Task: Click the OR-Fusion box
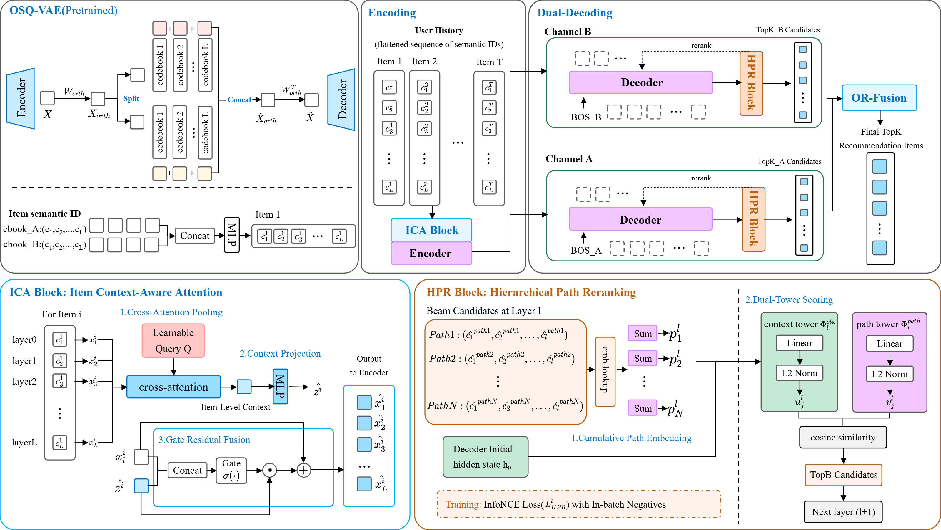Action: [879, 98]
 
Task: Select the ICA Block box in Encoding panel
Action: [431, 230]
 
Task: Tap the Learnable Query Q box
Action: [173, 341]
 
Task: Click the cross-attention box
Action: [173, 387]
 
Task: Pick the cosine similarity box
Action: [843, 438]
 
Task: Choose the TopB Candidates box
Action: [843, 475]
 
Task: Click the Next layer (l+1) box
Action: [843, 512]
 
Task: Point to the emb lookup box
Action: [605, 372]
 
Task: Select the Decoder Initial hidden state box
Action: [485, 456]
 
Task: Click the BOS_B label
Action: [586, 117]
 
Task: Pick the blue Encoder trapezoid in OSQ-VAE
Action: [21, 98]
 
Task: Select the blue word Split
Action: [131, 98]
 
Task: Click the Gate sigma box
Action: [231, 471]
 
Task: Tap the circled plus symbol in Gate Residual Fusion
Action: [303, 470]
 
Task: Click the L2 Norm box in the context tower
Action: [800, 373]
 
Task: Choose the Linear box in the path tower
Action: [890, 343]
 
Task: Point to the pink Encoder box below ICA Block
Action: [431, 253]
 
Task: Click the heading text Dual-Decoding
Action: [575, 13]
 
